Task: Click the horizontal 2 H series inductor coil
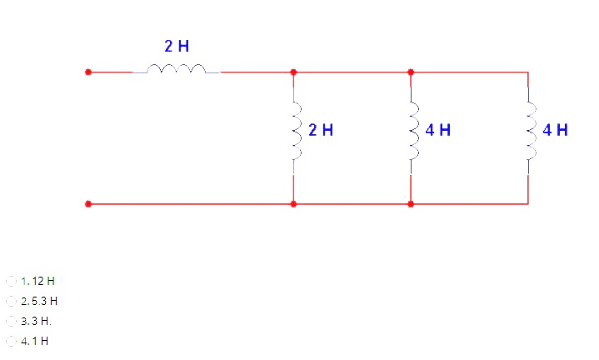click(x=176, y=70)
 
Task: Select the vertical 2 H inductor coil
click(x=294, y=131)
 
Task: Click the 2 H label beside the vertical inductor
click(x=321, y=130)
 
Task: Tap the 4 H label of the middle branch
click(x=438, y=130)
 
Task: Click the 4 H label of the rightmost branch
click(x=555, y=130)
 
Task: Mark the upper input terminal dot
click(x=87, y=72)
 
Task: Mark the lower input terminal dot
click(x=87, y=203)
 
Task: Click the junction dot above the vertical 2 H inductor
click(x=293, y=72)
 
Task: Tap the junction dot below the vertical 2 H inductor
click(x=293, y=203)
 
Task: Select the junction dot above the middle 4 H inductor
click(x=411, y=72)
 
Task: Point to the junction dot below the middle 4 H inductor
click(x=411, y=203)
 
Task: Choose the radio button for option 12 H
click(x=11, y=281)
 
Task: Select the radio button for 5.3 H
click(x=11, y=301)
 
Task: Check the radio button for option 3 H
click(x=11, y=321)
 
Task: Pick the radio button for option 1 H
click(x=11, y=341)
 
